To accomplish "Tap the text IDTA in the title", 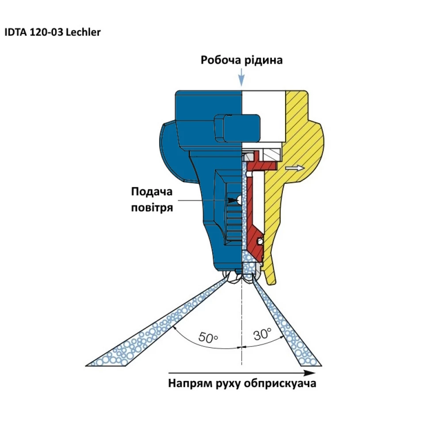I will [15, 33].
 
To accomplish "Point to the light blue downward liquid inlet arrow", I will [241, 79].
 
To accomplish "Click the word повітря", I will [152, 207].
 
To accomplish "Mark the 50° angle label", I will [208, 337].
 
